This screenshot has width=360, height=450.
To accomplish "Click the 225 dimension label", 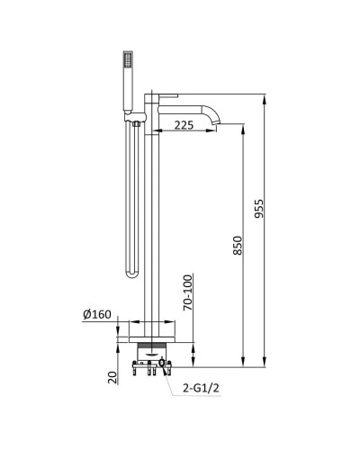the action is (x=184, y=125).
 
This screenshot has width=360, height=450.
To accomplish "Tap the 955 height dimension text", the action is (x=258, y=209).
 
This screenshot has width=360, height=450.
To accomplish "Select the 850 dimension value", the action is (x=238, y=246).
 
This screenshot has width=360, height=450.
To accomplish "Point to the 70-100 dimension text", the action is (x=187, y=292).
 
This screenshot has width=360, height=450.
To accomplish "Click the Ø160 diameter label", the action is (x=97, y=315).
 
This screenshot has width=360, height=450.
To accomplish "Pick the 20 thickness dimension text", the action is (x=112, y=377).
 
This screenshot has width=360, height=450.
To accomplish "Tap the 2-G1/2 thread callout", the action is (x=201, y=389).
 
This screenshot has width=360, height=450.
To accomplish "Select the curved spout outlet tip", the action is (x=216, y=122).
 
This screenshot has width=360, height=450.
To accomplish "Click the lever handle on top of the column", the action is (x=168, y=95).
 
